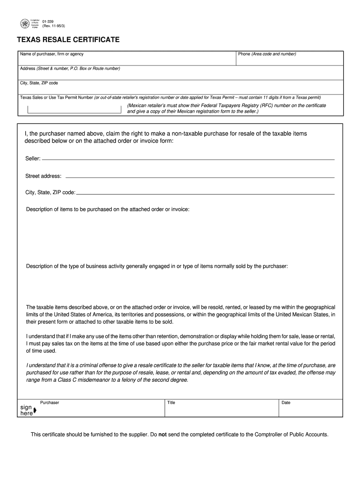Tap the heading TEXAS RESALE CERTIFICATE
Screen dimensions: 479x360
[x=68, y=40]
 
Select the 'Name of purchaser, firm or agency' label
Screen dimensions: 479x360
[x=52, y=54]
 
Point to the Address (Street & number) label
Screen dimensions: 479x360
[x=70, y=69]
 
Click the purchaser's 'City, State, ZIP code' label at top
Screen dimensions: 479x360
[x=39, y=83]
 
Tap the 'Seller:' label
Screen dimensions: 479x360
[x=33, y=159]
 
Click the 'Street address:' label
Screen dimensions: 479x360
[x=43, y=176]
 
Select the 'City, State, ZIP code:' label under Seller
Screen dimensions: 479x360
[x=50, y=192]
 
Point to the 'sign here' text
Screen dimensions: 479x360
[x=26, y=410]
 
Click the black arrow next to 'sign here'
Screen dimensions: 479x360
[x=36, y=411]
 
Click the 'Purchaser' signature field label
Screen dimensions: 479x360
[x=50, y=402]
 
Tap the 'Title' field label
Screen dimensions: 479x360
[x=171, y=402]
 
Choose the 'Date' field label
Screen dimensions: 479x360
[x=286, y=402]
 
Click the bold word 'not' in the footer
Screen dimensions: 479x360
[x=163, y=434]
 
